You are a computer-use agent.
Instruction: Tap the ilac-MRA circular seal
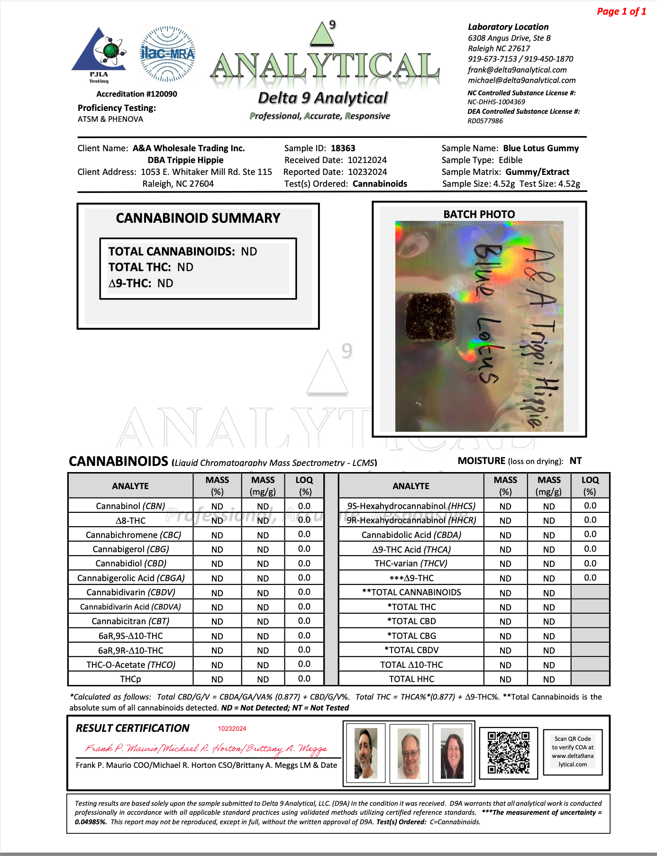tap(167, 54)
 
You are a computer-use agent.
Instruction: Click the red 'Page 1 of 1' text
tap(621, 11)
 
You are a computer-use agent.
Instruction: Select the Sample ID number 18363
tap(343, 148)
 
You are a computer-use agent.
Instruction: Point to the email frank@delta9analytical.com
tap(517, 70)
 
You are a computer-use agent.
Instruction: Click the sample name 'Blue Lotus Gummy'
tap(541, 148)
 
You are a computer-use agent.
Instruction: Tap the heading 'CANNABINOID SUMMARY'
tap(198, 218)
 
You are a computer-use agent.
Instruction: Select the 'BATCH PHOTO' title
tap(479, 214)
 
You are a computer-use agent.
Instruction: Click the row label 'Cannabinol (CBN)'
tap(130, 506)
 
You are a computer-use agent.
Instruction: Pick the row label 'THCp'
tap(130, 679)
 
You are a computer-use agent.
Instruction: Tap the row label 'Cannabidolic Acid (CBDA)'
tap(411, 535)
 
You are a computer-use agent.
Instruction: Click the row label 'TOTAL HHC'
tap(411, 679)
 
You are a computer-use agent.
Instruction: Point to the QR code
tap(509, 753)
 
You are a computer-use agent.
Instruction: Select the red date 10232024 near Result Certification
tap(232, 729)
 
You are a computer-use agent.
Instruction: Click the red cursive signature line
tap(206, 748)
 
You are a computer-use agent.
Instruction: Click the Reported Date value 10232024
tap(367, 172)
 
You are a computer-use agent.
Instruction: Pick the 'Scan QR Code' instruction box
tap(573, 752)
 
